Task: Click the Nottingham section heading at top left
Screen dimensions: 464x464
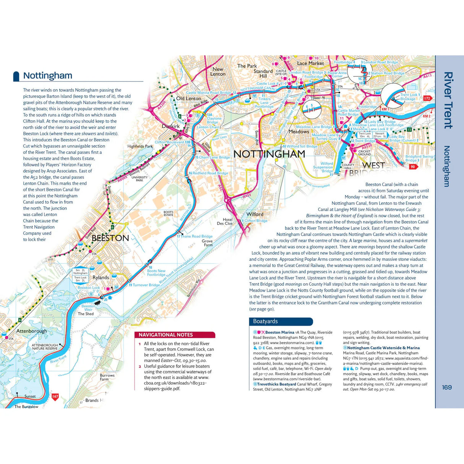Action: click(x=47, y=76)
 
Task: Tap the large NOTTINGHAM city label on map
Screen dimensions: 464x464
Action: click(x=269, y=154)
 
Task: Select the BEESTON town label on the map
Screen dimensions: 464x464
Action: click(x=110, y=238)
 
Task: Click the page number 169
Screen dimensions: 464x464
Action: click(x=447, y=387)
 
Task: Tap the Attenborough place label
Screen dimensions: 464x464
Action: click(x=31, y=331)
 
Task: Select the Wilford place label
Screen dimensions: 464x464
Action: click(x=255, y=214)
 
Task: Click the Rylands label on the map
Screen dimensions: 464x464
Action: click(x=101, y=277)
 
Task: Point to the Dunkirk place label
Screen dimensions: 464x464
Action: click(x=170, y=126)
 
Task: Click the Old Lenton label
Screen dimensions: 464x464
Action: click(x=188, y=99)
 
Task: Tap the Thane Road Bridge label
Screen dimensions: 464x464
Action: click(x=196, y=236)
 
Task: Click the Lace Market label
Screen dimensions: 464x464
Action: click(x=310, y=63)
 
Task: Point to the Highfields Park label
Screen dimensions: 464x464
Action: click(x=140, y=146)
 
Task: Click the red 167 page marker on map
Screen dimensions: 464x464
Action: click(x=55, y=397)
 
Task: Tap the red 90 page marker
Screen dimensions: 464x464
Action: click(x=413, y=167)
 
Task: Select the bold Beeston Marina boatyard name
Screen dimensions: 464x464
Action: click(x=279, y=333)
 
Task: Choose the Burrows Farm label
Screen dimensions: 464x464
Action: click(x=107, y=377)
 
